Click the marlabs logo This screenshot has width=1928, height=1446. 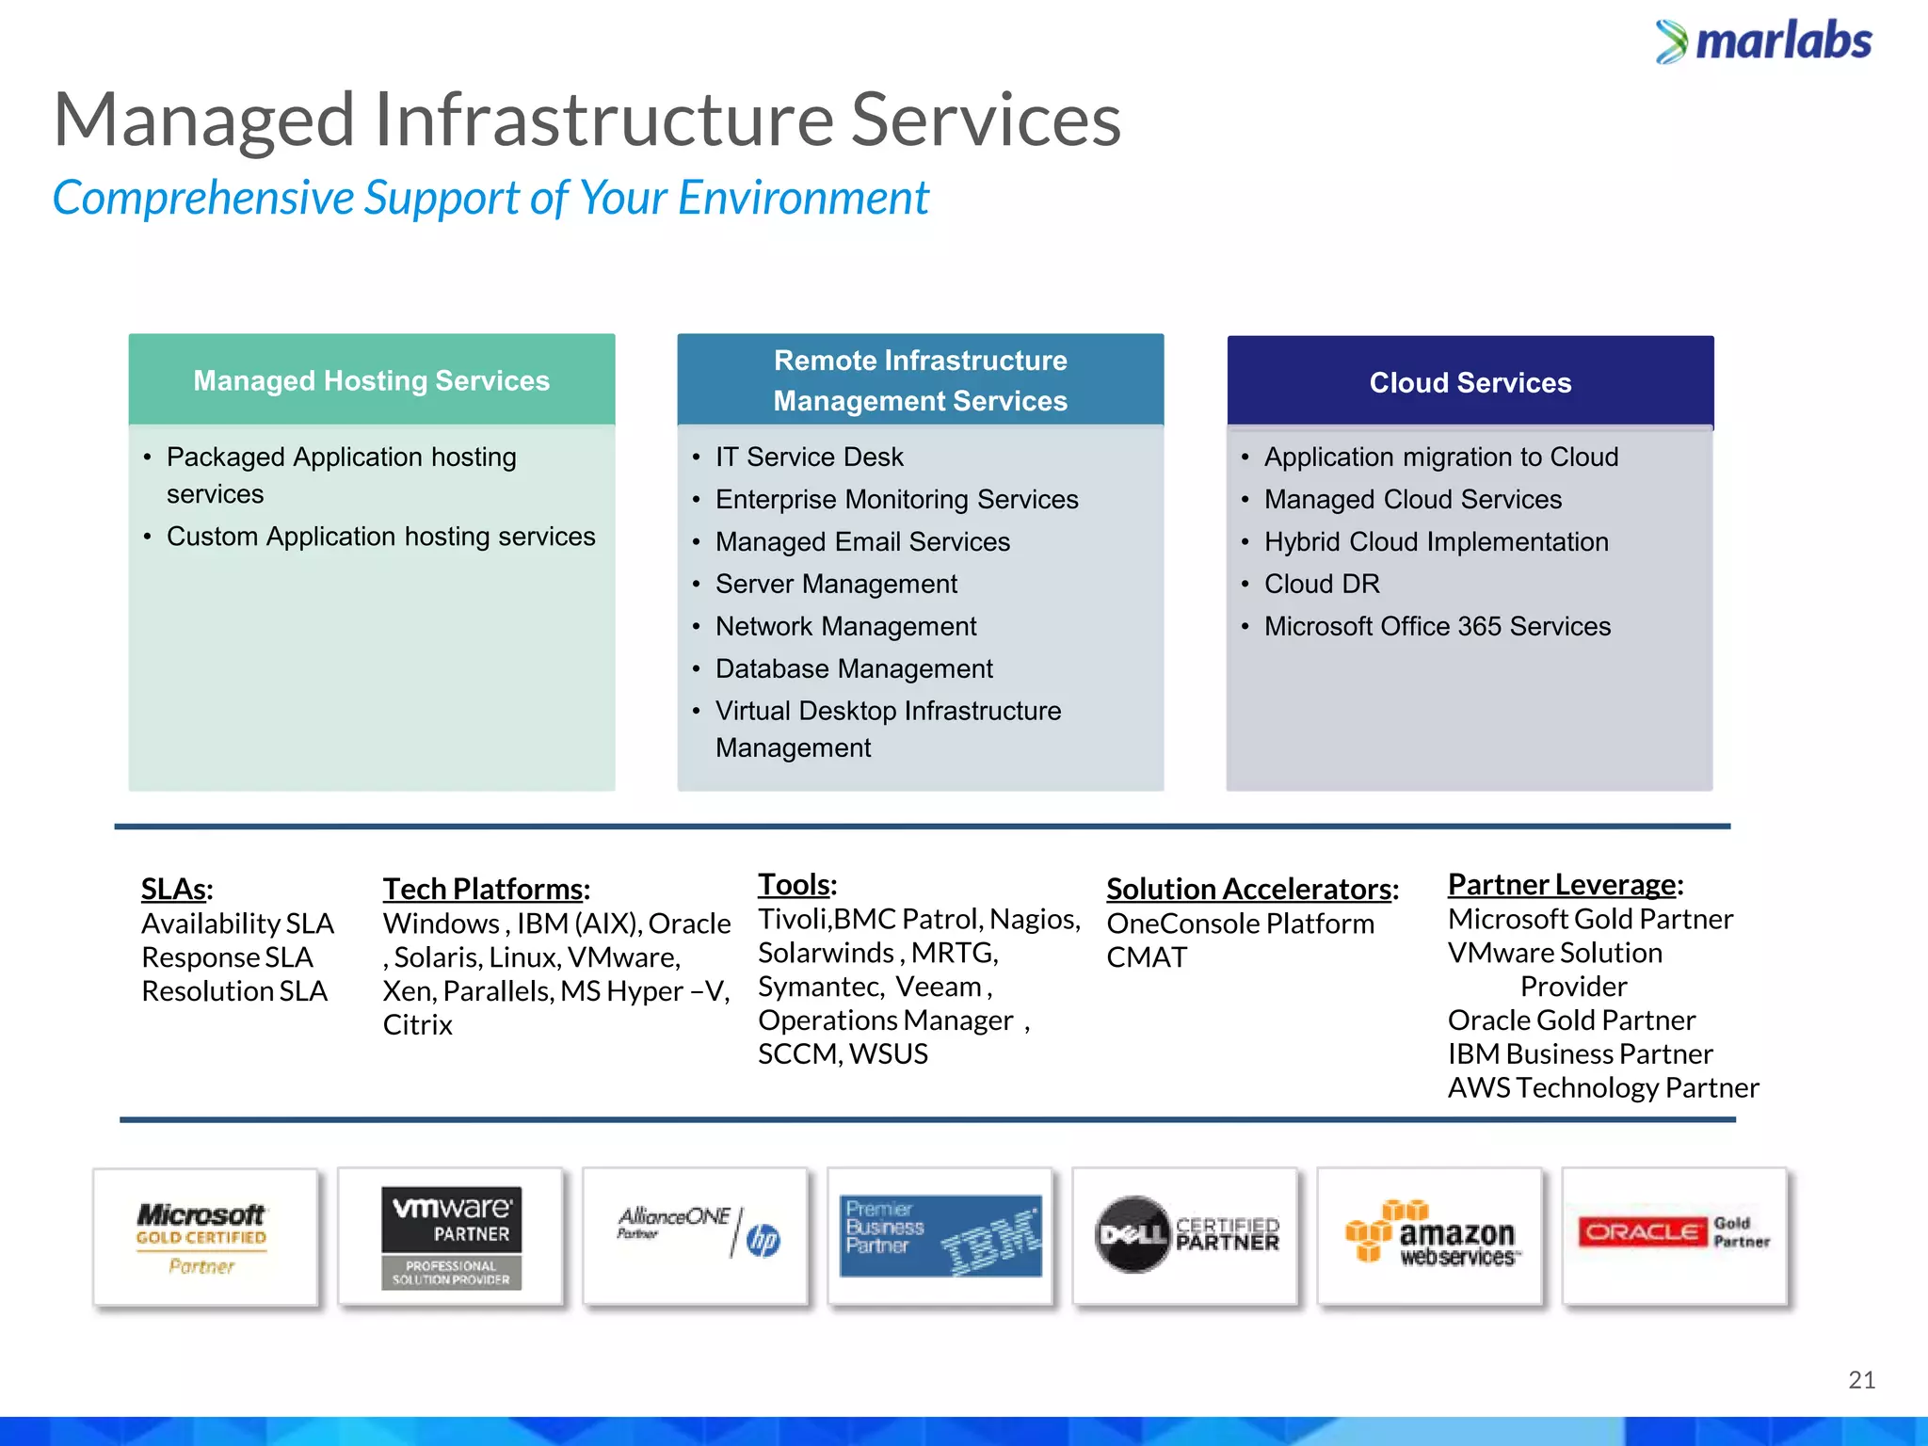pyautogui.click(x=1764, y=42)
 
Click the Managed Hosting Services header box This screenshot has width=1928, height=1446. pyautogui.click(x=372, y=380)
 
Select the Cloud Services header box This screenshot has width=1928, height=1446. pyautogui.click(x=1470, y=382)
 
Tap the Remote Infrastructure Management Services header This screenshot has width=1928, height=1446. pyautogui.click(x=920, y=380)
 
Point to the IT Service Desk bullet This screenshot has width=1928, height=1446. pyautogui.click(x=809, y=458)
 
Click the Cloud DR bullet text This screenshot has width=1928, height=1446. pyautogui.click(x=1322, y=585)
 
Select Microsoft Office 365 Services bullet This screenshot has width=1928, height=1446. pyautogui.click(x=1437, y=627)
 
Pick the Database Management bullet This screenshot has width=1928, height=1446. pyautogui.click(x=854, y=669)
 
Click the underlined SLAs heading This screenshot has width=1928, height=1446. pyautogui.click(x=176, y=889)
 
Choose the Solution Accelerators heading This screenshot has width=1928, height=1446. pyautogui.click(x=1252, y=889)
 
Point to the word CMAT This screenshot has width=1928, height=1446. pyautogui.click(x=1147, y=957)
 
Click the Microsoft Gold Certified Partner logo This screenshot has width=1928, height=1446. pyautogui.click(x=204, y=1237)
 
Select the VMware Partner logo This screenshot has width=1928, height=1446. pyautogui.click(x=451, y=1237)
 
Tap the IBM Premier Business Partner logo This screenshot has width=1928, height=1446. pyautogui.click(x=940, y=1237)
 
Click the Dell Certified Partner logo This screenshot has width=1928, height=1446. pyautogui.click(x=1186, y=1235)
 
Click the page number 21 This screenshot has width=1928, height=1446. pyautogui.click(x=1861, y=1380)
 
